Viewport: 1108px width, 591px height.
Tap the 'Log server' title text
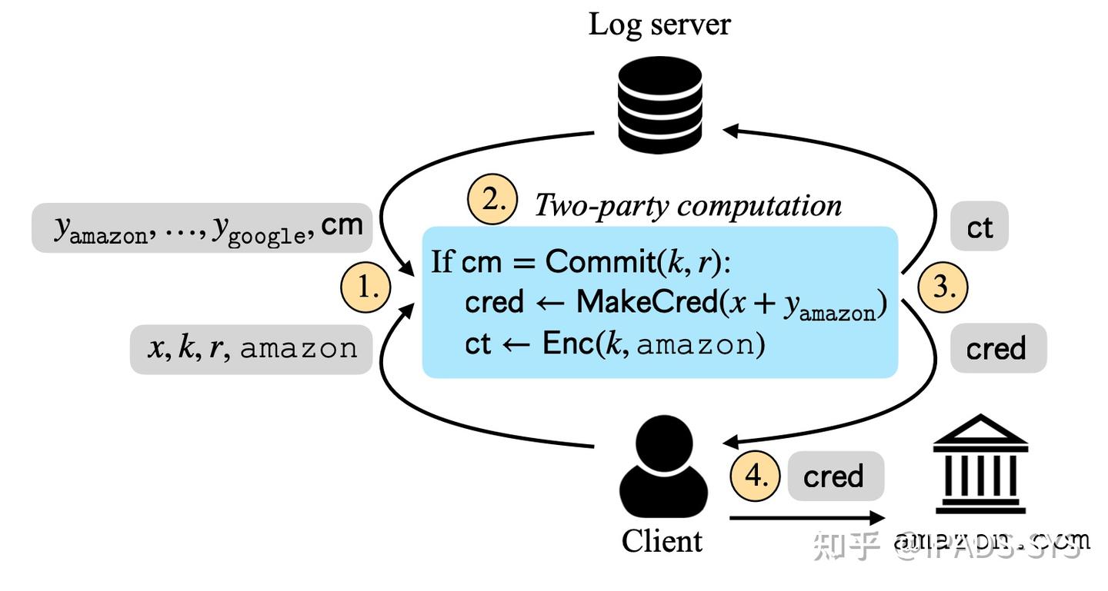pos(659,25)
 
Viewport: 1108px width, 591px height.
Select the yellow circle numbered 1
pos(366,288)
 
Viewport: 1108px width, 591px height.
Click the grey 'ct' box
pos(979,227)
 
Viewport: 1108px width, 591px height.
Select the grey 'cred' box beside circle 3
pos(998,348)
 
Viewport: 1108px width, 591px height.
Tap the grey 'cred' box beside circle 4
pos(835,476)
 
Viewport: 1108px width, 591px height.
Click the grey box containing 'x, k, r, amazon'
pos(252,349)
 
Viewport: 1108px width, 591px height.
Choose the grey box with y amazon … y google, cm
pos(202,227)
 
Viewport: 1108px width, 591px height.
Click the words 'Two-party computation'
pos(688,205)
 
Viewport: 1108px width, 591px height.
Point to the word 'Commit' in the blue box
pos(599,262)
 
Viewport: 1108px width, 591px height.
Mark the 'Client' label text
pos(662,541)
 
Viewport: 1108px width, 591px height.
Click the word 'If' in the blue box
pos(442,262)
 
